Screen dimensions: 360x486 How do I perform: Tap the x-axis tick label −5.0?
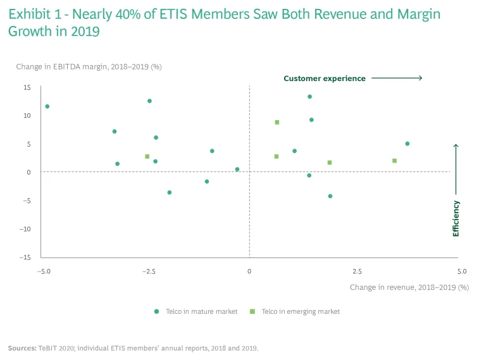(x=44, y=271)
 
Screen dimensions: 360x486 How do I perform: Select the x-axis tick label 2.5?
(x=357, y=271)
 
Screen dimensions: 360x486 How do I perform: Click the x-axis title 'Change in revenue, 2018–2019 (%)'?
(x=409, y=287)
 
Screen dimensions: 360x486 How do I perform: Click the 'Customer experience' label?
(x=324, y=78)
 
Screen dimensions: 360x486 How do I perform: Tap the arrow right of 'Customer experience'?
(x=397, y=78)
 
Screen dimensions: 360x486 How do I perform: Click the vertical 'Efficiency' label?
(x=456, y=218)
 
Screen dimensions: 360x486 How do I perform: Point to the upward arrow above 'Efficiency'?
(x=456, y=164)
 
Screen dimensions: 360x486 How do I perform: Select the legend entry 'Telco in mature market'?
(x=196, y=311)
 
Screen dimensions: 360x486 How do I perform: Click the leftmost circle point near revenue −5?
(x=47, y=106)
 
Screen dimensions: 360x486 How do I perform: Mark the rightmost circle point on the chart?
(x=407, y=144)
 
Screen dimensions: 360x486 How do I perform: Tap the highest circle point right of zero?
(x=309, y=97)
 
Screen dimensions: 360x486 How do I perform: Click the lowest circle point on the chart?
(x=330, y=196)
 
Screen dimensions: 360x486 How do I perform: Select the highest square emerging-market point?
(x=277, y=122)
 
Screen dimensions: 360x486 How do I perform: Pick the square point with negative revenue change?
(x=147, y=156)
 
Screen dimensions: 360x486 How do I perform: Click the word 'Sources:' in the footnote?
(x=22, y=348)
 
